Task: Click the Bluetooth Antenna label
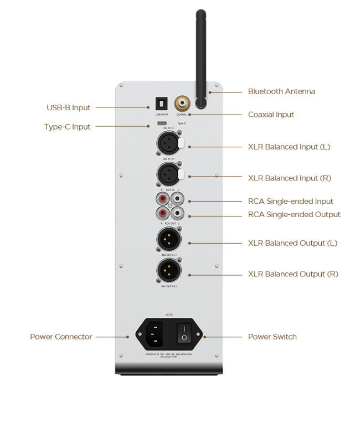point(281,91)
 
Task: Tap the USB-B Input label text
point(68,107)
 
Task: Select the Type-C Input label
point(67,127)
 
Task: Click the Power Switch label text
point(272,337)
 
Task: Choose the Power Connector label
point(61,337)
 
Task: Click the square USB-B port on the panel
point(161,103)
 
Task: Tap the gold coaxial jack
point(182,102)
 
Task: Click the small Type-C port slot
point(162,123)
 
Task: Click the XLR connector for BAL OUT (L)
point(168,240)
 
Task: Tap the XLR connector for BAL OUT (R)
point(168,271)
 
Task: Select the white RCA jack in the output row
point(178,212)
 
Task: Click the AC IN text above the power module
point(169,313)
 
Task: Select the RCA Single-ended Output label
point(294,215)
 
